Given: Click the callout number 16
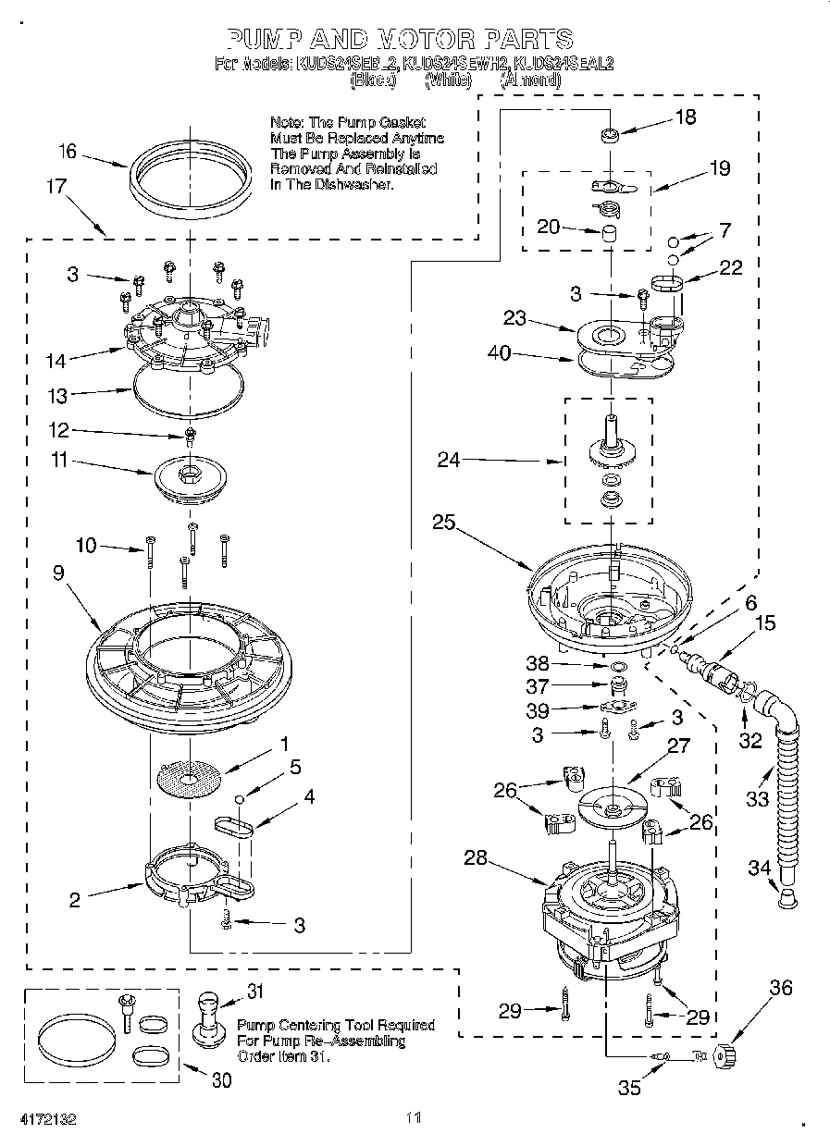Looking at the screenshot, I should pyautogui.click(x=68, y=152).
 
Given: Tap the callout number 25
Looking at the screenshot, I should pyautogui.click(x=443, y=522).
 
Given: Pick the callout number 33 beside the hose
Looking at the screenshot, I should pyautogui.click(x=757, y=798).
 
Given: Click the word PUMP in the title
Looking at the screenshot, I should pyautogui.click(x=262, y=39).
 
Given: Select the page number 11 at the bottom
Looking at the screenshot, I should pyautogui.click(x=414, y=1118).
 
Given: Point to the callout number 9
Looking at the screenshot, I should pyautogui.click(x=58, y=573).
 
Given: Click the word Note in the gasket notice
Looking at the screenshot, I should pyautogui.click(x=286, y=122).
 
